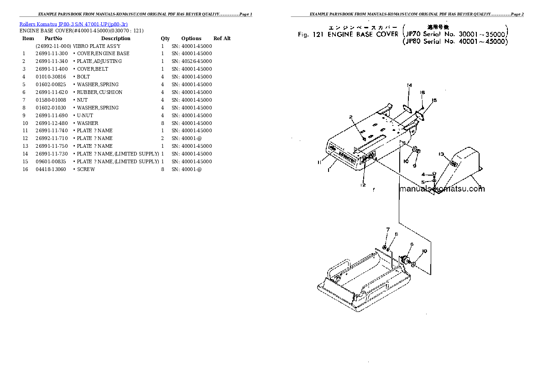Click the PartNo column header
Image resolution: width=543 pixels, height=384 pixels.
(x=53, y=38)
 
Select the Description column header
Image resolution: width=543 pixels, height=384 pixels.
(x=115, y=38)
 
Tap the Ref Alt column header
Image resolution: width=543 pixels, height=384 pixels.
(x=222, y=38)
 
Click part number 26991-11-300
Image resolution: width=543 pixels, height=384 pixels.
(x=52, y=53)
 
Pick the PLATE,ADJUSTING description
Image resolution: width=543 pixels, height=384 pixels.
(x=99, y=61)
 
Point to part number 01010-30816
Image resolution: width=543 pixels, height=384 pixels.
(x=51, y=77)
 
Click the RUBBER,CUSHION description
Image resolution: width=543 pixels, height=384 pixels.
(x=99, y=92)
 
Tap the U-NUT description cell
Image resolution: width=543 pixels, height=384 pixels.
(x=85, y=115)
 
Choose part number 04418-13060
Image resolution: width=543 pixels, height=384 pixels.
(x=51, y=169)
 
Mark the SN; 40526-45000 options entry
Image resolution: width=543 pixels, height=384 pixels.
(x=192, y=61)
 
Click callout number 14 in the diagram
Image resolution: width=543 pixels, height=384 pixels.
(x=409, y=85)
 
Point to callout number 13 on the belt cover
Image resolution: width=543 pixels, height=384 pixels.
(x=441, y=154)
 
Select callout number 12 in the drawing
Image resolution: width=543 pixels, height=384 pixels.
(x=363, y=185)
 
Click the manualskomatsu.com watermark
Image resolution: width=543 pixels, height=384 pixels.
(x=442, y=189)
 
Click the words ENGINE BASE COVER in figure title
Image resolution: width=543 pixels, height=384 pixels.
(x=362, y=34)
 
